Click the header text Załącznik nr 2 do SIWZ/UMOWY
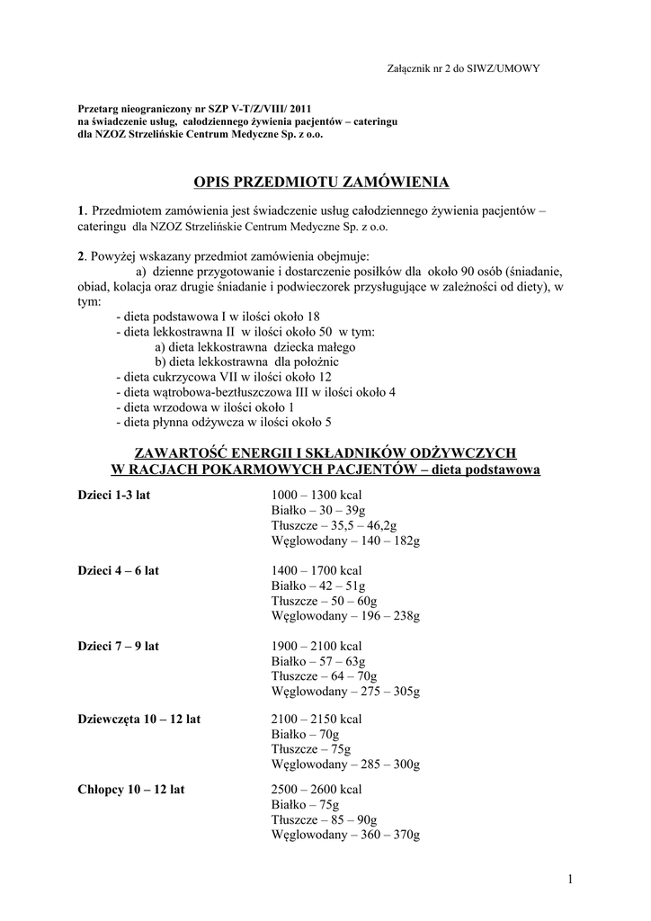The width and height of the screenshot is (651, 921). click(x=462, y=67)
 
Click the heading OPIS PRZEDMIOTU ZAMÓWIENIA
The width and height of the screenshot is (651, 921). click(x=322, y=183)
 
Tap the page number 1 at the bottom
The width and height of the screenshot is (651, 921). click(x=570, y=879)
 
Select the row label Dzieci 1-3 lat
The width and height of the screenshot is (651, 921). click(x=113, y=495)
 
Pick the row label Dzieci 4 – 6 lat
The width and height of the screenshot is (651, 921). click(x=118, y=570)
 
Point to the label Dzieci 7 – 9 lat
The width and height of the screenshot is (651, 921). click(x=118, y=646)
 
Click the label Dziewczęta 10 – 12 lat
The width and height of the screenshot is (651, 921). click(x=139, y=719)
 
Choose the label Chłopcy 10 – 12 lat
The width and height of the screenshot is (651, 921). click(x=131, y=789)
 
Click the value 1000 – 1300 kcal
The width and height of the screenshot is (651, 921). click(x=316, y=495)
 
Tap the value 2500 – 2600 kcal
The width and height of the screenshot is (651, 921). click(x=316, y=789)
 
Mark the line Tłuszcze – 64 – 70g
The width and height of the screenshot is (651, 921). click(x=324, y=675)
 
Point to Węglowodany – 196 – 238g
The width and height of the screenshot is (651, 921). click(x=345, y=616)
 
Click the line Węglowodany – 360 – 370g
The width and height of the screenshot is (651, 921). click(x=345, y=835)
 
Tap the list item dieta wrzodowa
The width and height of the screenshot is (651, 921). click(x=204, y=407)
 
